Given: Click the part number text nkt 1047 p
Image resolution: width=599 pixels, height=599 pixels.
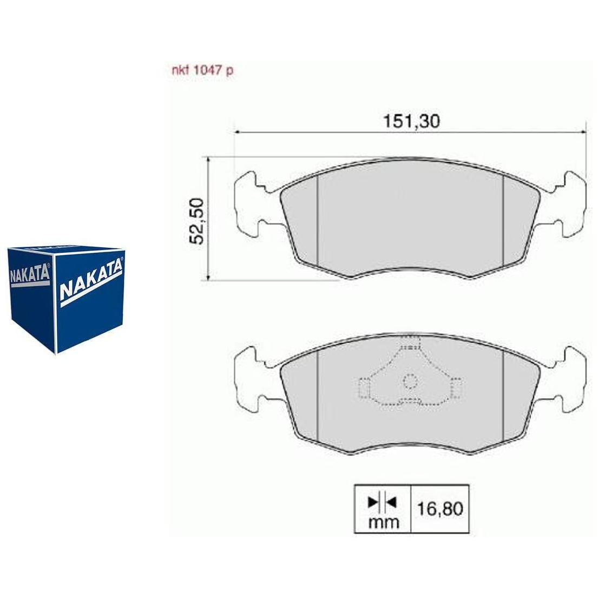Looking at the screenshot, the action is pyautogui.click(x=202, y=71).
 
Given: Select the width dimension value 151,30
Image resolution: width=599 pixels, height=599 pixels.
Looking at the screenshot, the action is pyautogui.click(x=411, y=121).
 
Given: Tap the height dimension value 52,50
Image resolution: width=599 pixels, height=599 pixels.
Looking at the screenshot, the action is pyautogui.click(x=197, y=221).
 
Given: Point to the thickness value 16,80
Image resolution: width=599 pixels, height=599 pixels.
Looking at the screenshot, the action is pyautogui.click(x=440, y=509).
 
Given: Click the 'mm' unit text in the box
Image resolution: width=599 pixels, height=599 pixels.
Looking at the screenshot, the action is pyautogui.click(x=383, y=522).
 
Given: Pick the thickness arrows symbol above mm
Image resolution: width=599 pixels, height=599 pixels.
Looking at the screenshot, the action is pyautogui.click(x=383, y=502).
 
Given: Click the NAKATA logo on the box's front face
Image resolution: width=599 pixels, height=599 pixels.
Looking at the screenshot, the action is pyautogui.click(x=91, y=282).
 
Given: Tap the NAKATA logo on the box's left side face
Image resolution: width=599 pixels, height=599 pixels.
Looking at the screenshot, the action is pyautogui.click(x=29, y=274).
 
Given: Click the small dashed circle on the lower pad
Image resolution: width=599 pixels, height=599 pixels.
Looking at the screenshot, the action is pyautogui.click(x=410, y=381).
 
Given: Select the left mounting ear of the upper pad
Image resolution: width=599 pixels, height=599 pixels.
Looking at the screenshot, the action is pyautogui.click(x=252, y=205).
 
